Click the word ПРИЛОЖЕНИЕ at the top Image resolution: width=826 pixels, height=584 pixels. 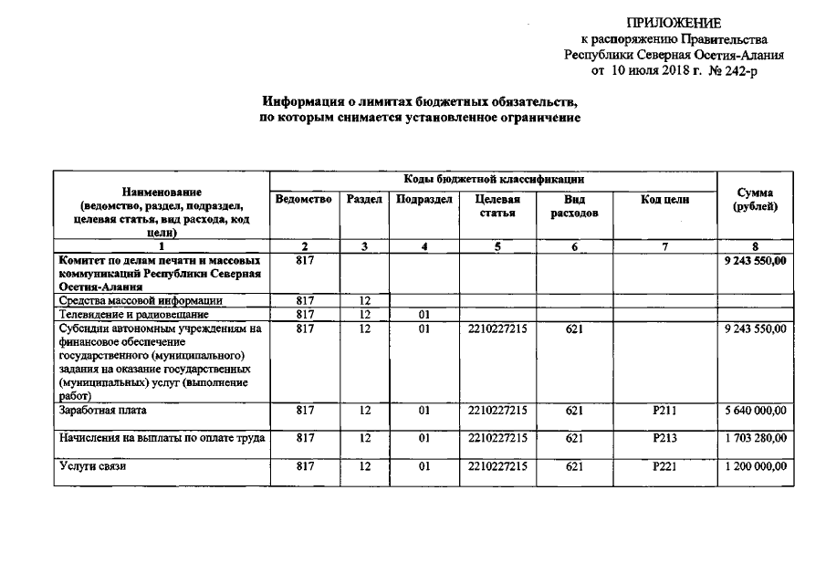[x=674, y=23]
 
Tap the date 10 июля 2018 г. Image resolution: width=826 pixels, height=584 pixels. [x=654, y=69]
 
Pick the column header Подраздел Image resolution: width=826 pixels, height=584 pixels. [x=424, y=200]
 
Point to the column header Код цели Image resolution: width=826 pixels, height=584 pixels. [x=664, y=200]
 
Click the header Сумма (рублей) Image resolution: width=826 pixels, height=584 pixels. [x=755, y=200]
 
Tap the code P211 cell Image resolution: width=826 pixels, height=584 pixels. [x=664, y=411]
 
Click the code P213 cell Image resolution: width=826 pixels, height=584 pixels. [x=664, y=439]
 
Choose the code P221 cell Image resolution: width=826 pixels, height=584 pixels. [x=664, y=467]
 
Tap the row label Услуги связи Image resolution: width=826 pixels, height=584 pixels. [x=92, y=467]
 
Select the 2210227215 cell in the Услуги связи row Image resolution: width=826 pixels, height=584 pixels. [x=498, y=467]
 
